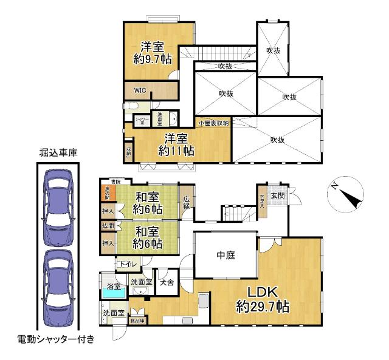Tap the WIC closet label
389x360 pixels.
click(140, 91)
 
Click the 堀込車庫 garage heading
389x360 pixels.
click(58, 152)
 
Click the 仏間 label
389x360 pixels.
click(107, 226)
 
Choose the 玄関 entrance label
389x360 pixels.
click(278, 195)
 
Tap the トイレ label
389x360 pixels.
click(127, 264)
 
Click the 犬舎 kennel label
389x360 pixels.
click(167, 281)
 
